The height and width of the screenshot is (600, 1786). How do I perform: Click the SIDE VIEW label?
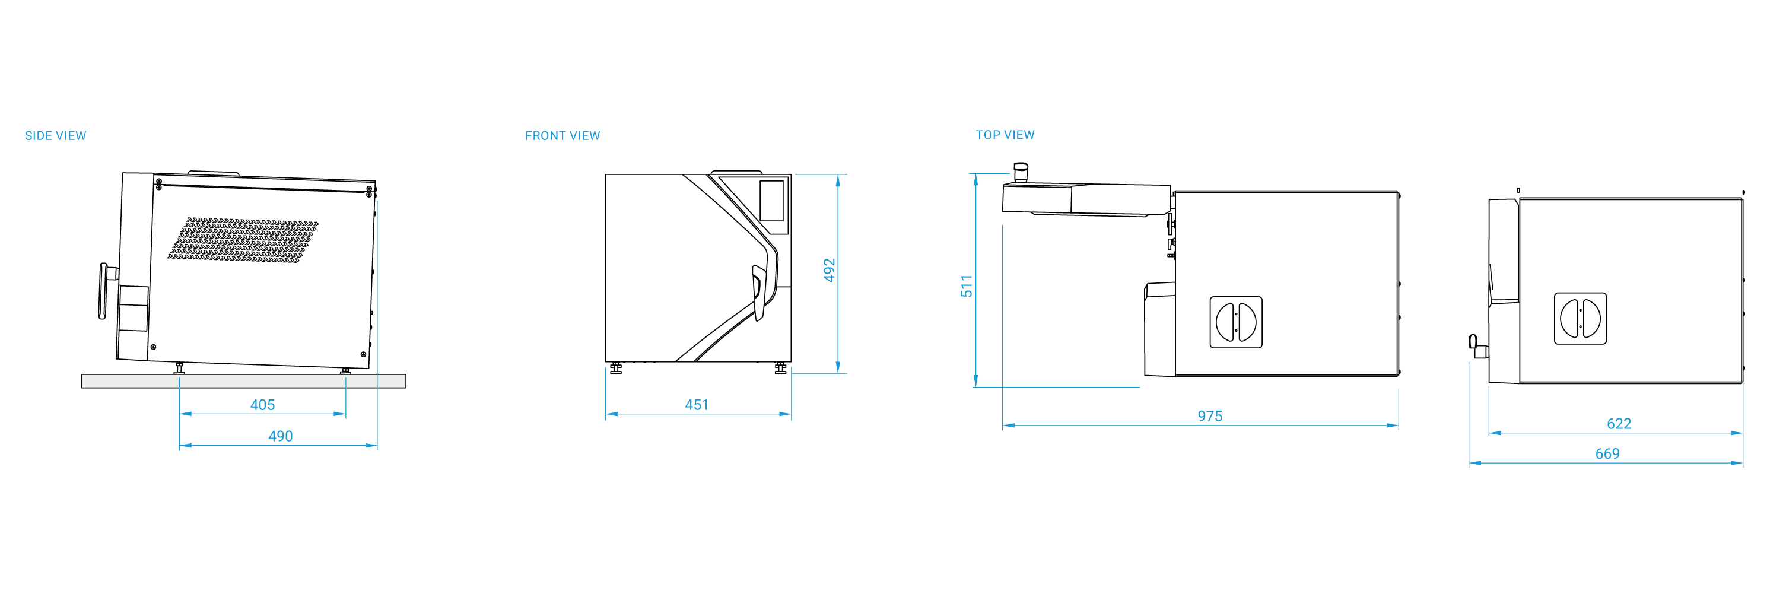[x=55, y=136]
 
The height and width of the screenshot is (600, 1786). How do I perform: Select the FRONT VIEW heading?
[x=563, y=136]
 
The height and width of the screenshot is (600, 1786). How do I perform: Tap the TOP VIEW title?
[x=1005, y=135]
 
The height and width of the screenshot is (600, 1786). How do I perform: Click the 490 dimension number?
[x=280, y=436]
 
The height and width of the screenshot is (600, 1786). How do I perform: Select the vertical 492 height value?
[x=830, y=271]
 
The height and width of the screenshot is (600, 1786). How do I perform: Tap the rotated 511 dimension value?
[x=967, y=287]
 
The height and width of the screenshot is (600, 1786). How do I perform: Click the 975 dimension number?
[x=1210, y=416]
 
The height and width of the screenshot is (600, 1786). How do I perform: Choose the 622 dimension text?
[x=1619, y=424]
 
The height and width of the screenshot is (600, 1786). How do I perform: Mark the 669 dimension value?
[x=1607, y=453]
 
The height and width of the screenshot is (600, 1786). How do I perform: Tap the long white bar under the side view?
[x=243, y=381]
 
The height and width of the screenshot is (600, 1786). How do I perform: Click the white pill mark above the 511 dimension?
[x=1021, y=167]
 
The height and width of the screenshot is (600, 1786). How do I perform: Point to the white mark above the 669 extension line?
[x=1473, y=341]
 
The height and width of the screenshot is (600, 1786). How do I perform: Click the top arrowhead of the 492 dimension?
[x=838, y=180]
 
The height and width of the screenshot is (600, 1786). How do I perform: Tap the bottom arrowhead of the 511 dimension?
[x=975, y=381]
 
